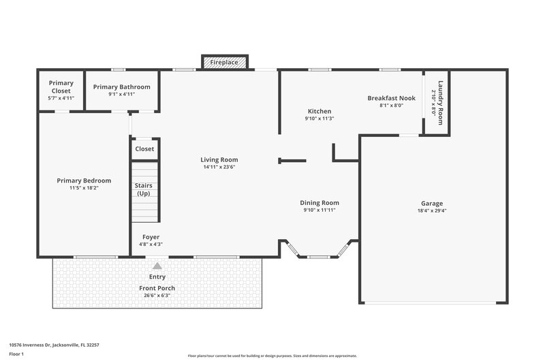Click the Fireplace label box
click(224, 62)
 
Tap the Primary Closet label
click(61, 87)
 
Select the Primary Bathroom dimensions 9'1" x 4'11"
click(122, 95)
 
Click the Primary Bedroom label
click(84, 180)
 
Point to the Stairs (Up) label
click(143, 189)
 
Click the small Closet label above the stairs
click(144, 148)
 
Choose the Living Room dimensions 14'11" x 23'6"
click(219, 168)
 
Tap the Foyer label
click(151, 237)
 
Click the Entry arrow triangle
click(157, 266)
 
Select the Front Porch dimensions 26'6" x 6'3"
click(157, 296)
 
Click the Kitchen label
click(319, 111)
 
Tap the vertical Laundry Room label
click(441, 103)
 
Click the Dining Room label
click(320, 202)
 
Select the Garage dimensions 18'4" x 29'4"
click(432, 211)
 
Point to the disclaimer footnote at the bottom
click(272, 356)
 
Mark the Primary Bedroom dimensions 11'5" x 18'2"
click(84, 189)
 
